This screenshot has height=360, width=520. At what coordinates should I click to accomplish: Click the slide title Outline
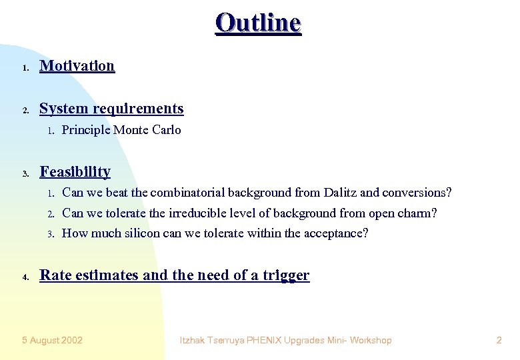pyautogui.click(x=259, y=23)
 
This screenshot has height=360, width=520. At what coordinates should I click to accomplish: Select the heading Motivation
pyautogui.click(x=77, y=65)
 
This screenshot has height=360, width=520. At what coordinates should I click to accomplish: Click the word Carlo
pyautogui.click(x=166, y=130)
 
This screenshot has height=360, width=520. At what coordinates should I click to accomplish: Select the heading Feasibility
pyautogui.click(x=75, y=171)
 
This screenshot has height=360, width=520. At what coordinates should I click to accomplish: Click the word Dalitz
pyautogui.click(x=340, y=193)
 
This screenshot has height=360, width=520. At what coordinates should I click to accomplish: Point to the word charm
pyautogui.click(x=419, y=213)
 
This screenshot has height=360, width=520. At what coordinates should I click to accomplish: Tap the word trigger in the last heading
pyautogui.click(x=287, y=275)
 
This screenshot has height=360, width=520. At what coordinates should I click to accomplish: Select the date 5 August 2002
pyautogui.click(x=52, y=340)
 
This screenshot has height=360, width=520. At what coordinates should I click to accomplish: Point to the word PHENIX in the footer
pyautogui.click(x=265, y=340)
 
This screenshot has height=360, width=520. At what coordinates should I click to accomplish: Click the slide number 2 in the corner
pyautogui.click(x=499, y=340)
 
